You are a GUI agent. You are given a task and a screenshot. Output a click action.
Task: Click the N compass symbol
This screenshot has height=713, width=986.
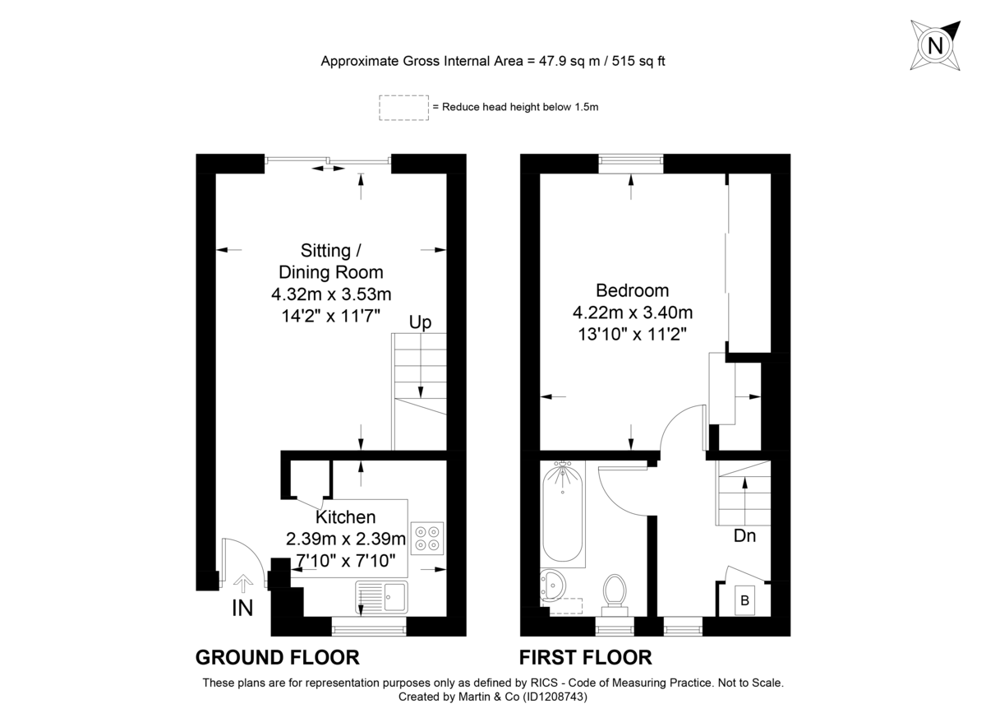(x=935, y=45)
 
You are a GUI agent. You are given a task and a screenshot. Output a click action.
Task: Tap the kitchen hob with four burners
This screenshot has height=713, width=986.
(x=427, y=538)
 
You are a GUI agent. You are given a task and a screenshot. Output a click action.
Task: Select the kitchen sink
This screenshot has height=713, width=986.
(x=381, y=597)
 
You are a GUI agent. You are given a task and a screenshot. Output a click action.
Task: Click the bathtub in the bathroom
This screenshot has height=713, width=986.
(x=563, y=514)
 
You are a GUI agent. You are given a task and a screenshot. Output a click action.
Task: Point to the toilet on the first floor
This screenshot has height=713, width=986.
(x=615, y=595)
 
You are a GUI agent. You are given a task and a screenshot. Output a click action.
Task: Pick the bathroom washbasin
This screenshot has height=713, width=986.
(x=553, y=586)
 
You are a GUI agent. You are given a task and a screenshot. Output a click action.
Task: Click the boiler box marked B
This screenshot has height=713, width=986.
(x=744, y=600)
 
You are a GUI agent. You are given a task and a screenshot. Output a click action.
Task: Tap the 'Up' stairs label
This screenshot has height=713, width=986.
(x=420, y=322)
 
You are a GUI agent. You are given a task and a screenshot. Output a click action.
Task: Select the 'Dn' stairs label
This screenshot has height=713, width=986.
(x=744, y=536)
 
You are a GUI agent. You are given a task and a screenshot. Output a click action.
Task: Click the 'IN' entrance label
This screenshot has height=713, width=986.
(x=242, y=609)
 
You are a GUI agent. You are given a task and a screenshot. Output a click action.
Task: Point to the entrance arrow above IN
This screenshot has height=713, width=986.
(x=243, y=583)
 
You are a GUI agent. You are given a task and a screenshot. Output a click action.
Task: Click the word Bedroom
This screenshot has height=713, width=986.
(x=632, y=290)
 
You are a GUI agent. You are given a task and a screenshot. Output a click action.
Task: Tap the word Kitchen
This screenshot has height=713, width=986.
(x=346, y=517)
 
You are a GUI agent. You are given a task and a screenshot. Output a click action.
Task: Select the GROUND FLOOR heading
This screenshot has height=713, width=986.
(x=278, y=657)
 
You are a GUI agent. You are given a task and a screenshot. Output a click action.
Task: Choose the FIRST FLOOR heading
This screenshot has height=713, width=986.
(x=585, y=657)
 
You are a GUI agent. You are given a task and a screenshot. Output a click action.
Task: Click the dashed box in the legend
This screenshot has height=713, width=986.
(x=403, y=108)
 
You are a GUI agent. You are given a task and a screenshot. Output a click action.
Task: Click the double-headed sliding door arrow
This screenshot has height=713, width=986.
(x=328, y=169)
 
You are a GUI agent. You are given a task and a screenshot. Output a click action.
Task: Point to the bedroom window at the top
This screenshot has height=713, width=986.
(x=631, y=164)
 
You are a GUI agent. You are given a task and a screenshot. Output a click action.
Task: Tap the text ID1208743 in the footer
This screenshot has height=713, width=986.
(x=555, y=697)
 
